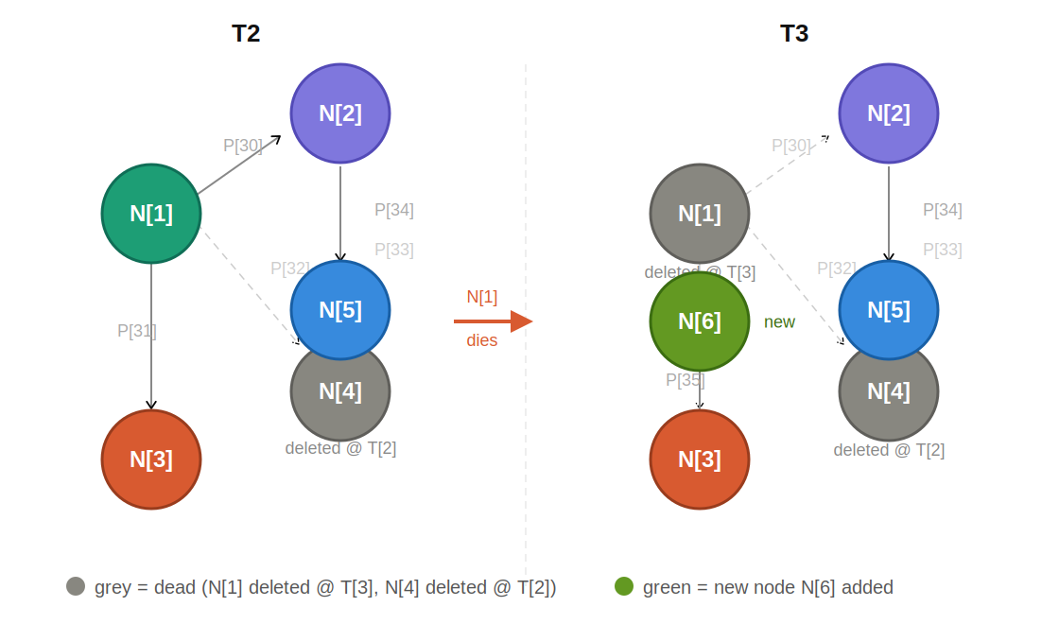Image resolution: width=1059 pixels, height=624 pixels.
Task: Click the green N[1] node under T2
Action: point(151,214)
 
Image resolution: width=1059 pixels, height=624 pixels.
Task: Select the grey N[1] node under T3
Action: point(700,214)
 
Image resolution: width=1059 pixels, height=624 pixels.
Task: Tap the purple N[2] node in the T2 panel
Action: point(340,113)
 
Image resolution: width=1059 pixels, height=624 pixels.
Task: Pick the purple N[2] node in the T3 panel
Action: point(889,113)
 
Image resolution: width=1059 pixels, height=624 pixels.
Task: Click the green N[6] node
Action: point(700,321)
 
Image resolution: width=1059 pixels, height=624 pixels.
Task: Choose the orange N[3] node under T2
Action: point(151,459)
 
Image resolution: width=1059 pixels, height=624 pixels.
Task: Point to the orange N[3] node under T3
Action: point(700,459)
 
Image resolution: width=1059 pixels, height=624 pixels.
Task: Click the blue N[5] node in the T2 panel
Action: point(340,310)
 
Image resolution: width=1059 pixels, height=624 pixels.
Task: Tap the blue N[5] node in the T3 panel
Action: point(889,310)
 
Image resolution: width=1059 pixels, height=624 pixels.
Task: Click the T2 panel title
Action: point(246,34)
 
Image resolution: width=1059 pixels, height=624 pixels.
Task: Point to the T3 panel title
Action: point(794,34)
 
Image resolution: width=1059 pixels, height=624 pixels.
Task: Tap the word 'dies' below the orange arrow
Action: point(481,340)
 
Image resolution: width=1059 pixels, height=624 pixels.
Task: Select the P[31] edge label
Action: point(137,331)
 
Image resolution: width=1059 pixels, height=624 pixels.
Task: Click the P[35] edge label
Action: point(686,380)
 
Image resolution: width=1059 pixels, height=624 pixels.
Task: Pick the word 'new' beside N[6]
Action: point(779,322)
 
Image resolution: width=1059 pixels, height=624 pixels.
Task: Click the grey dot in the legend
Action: point(76,586)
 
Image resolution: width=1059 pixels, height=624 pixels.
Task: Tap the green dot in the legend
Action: point(624,586)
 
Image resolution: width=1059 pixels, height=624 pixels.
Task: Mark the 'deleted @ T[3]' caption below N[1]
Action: point(700,272)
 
